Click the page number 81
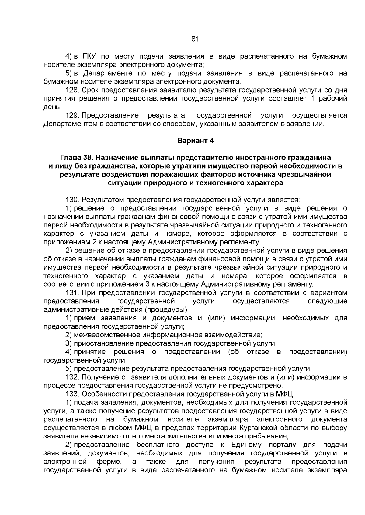coord(195,39)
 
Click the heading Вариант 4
coord(196,141)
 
